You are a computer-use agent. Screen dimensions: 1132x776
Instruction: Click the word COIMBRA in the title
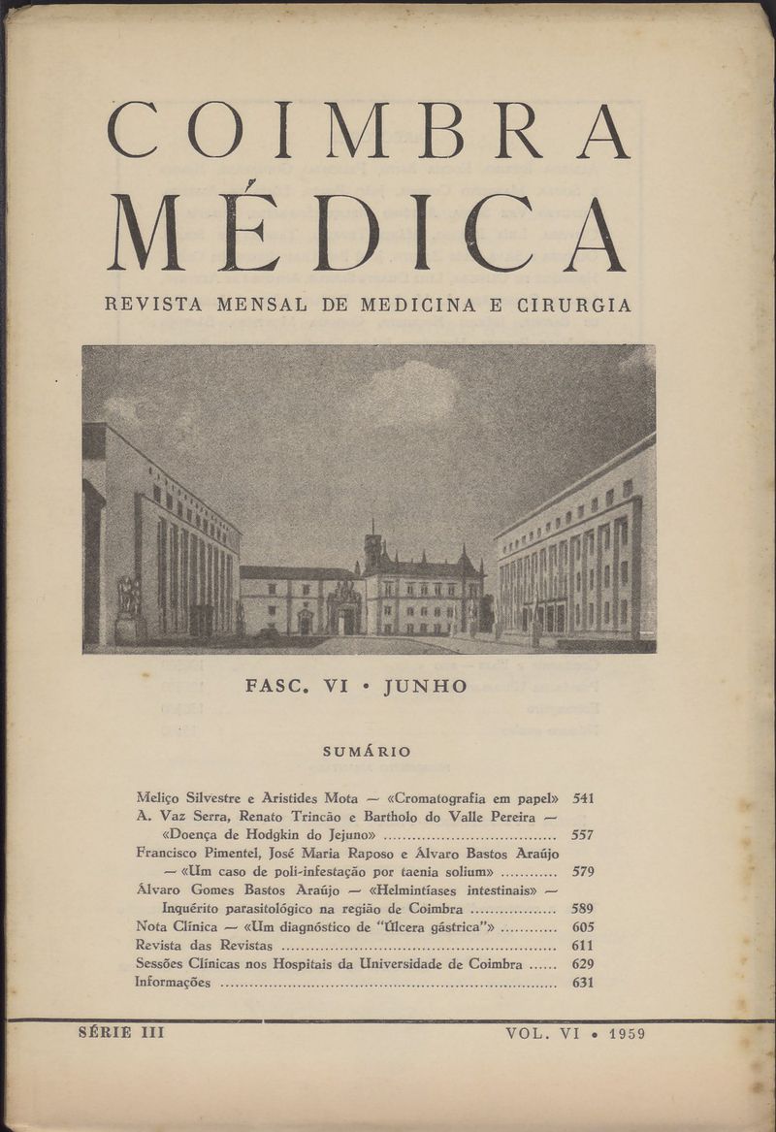tap(368, 130)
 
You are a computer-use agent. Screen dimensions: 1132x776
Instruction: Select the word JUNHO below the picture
tap(426, 687)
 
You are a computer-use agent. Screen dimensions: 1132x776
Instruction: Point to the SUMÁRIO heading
tap(367, 752)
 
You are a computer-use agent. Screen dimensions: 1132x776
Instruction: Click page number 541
tap(583, 798)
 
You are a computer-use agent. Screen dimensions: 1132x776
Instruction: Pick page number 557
tap(583, 834)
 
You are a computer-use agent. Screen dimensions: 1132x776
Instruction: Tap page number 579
tap(583, 871)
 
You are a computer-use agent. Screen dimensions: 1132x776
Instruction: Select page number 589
tap(583, 909)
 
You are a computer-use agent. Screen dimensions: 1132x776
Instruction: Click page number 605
tap(583, 926)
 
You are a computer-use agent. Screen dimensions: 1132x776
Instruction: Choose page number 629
tap(583, 963)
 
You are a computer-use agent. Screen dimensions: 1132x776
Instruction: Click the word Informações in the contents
tap(173, 982)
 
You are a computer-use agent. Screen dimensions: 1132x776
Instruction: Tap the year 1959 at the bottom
tap(628, 1034)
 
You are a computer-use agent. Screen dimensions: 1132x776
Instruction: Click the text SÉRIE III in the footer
tap(121, 1033)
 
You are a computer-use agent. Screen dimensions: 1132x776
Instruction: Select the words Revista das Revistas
tap(205, 945)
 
